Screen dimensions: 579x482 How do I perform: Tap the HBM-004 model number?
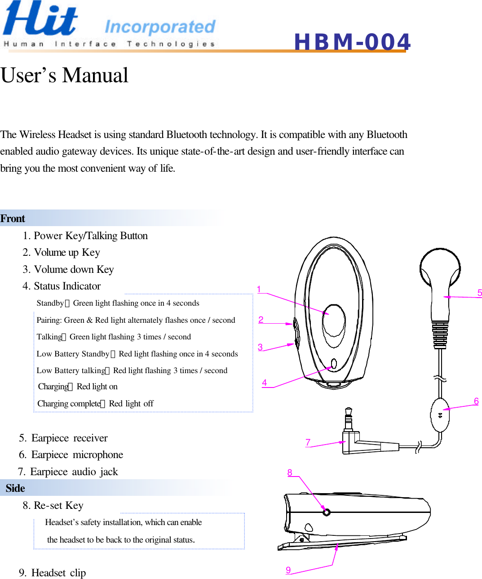pyautogui.click(x=352, y=42)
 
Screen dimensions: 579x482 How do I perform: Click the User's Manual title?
pyautogui.click(x=65, y=75)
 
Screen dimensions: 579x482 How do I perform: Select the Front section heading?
pyautogui.click(x=13, y=218)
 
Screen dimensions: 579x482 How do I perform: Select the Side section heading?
pyautogui.click(x=15, y=488)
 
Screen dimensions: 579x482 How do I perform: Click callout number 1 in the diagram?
pyautogui.click(x=259, y=289)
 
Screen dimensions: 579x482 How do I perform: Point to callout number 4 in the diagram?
pyautogui.click(x=265, y=383)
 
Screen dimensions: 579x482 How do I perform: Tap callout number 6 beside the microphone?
pyautogui.click(x=476, y=401)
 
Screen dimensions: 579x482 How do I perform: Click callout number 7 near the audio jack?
pyautogui.click(x=308, y=442)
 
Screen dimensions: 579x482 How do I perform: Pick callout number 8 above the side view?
pyautogui.click(x=290, y=472)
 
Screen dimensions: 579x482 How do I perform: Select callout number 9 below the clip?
pyautogui.click(x=288, y=570)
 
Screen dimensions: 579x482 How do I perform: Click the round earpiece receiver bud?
pyautogui.click(x=439, y=267)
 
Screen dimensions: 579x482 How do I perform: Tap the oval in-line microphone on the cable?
pyautogui.click(x=440, y=414)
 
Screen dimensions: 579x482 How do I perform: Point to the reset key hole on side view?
pyautogui.click(x=327, y=512)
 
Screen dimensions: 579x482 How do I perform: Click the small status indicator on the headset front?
pyautogui.click(x=333, y=363)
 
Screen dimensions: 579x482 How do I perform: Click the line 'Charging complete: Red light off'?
pyautogui.click(x=95, y=404)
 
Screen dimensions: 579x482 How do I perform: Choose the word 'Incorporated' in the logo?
pyautogui.click(x=160, y=27)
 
